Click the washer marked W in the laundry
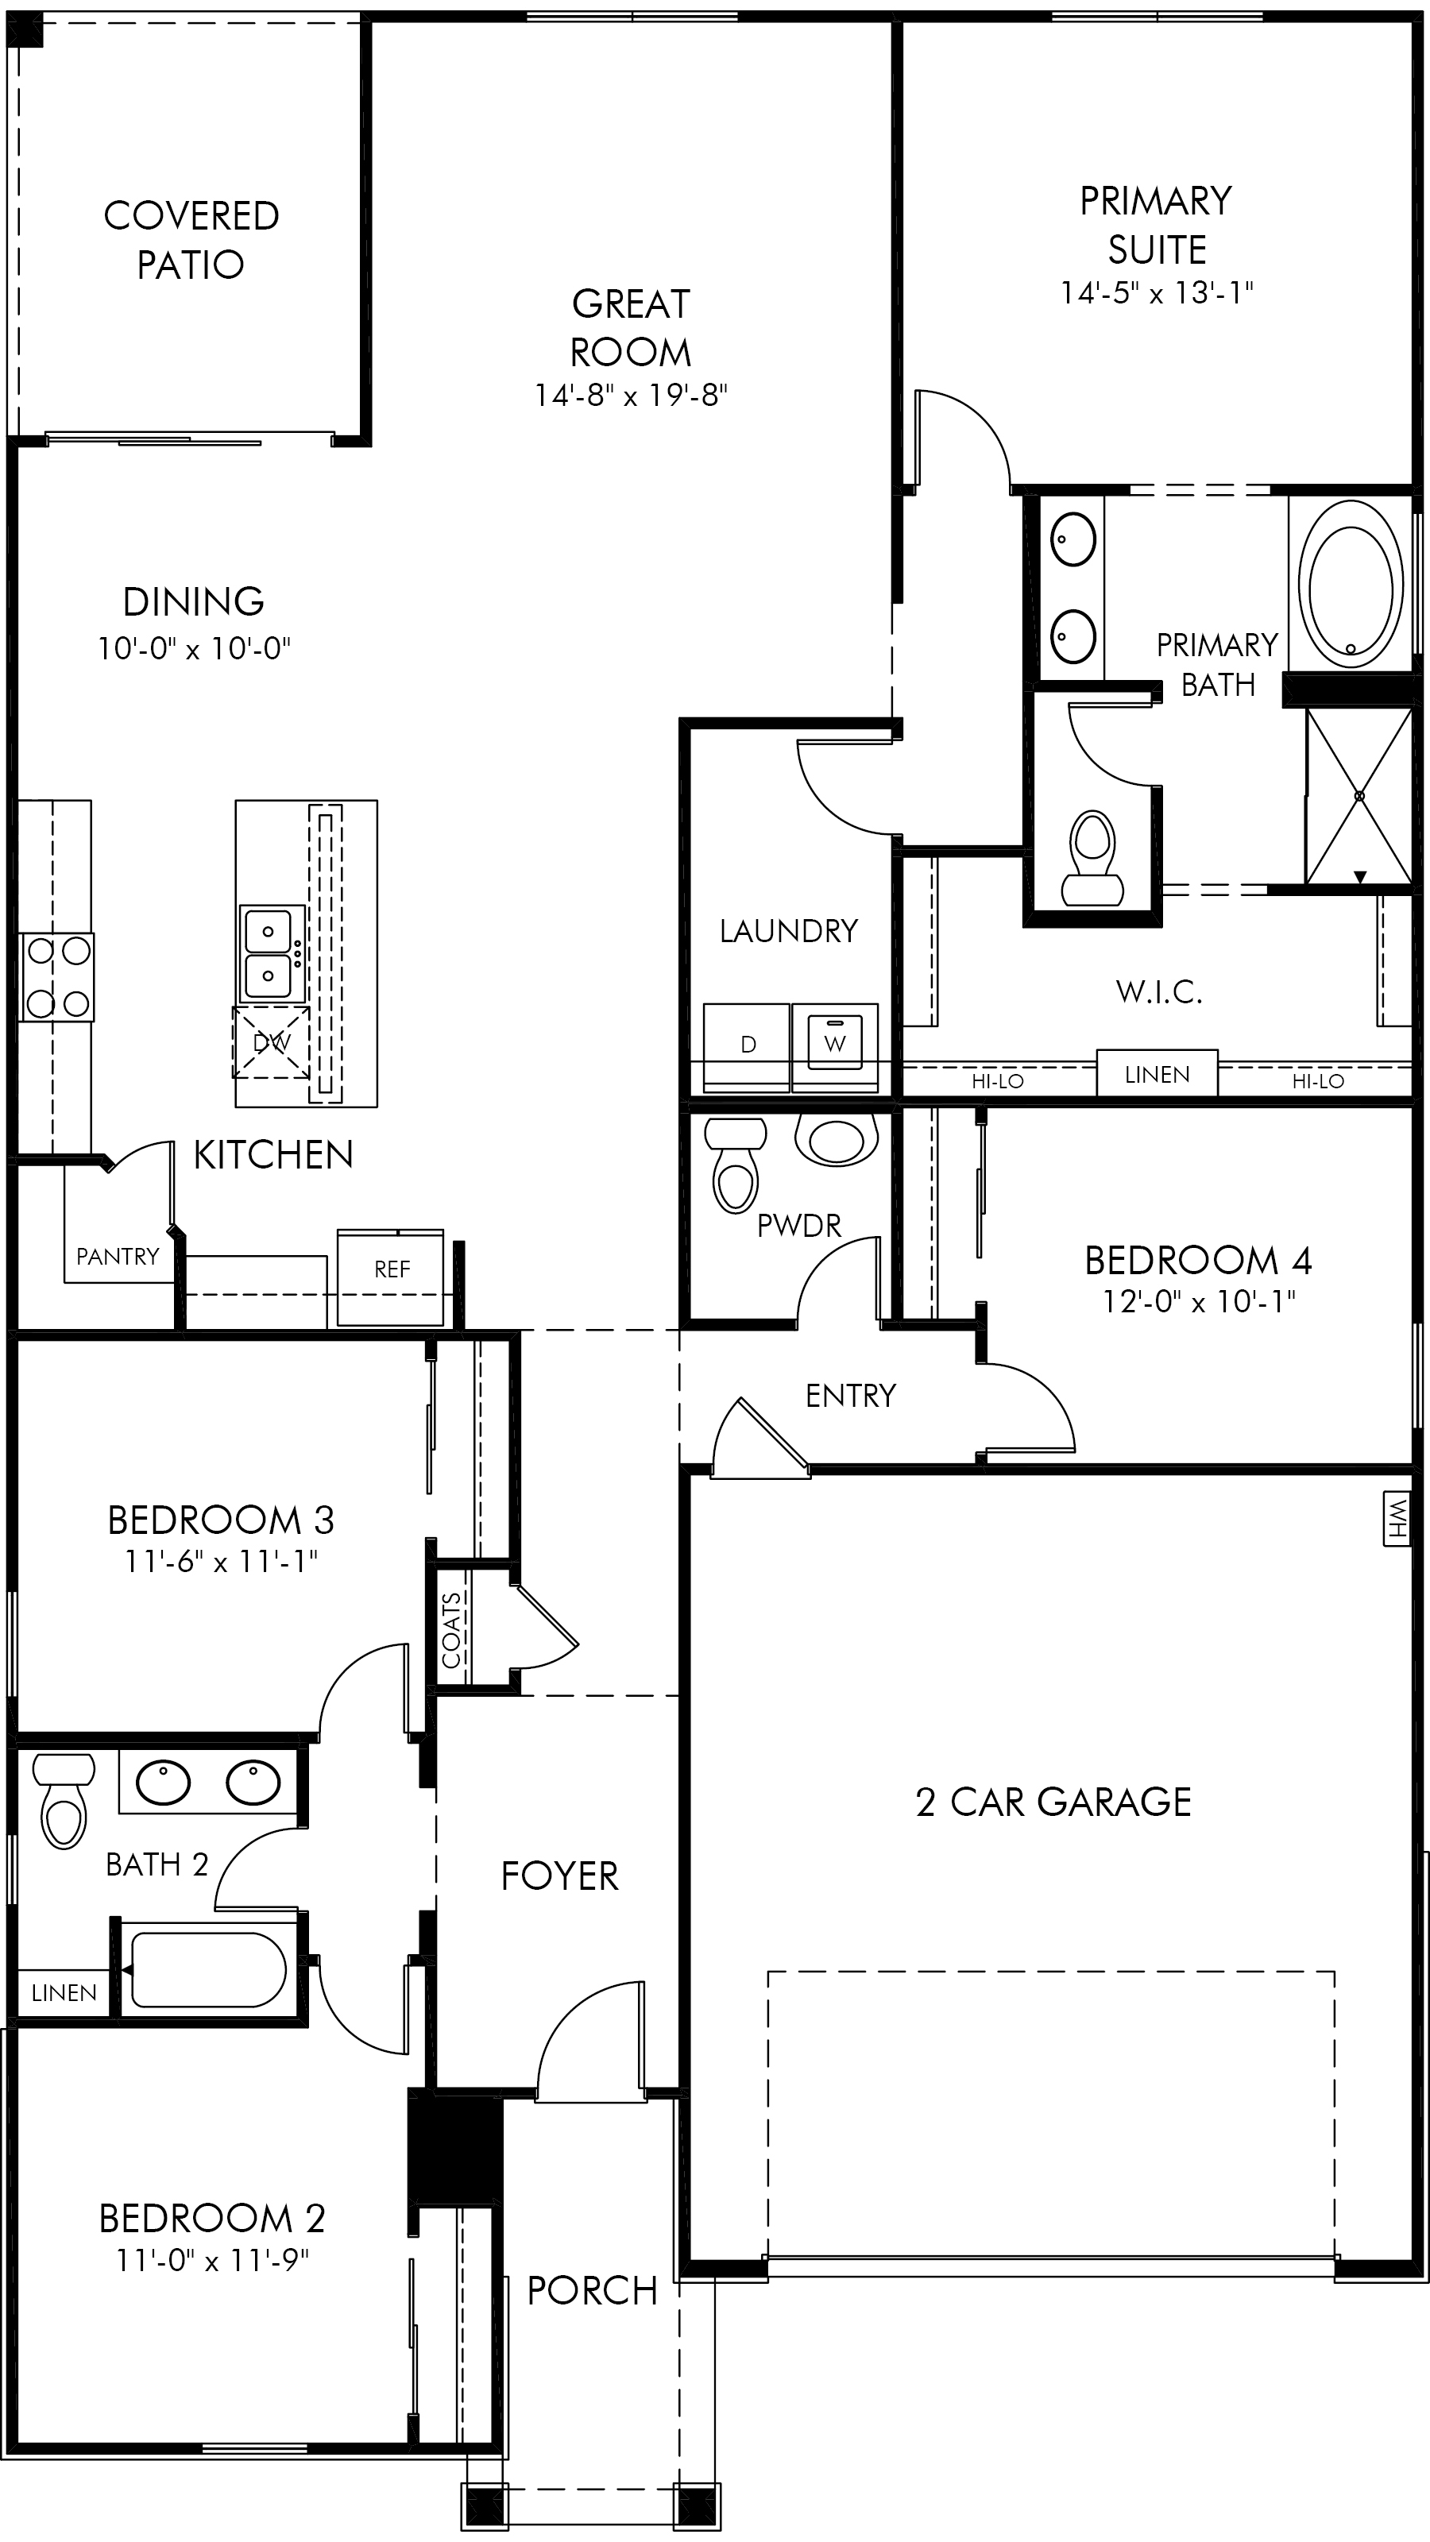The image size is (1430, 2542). click(x=834, y=1047)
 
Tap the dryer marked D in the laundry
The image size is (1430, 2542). click(x=746, y=1047)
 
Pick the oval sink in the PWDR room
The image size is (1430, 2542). click(x=836, y=1140)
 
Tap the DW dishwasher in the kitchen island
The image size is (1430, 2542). click(x=272, y=1042)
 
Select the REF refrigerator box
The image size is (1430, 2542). click(x=391, y=1277)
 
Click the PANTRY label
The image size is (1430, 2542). click(x=118, y=1256)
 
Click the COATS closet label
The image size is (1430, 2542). click(x=452, y=1629)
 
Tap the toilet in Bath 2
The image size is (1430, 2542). click(x=64, y=1802)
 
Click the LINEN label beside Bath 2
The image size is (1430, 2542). click(x=64, y=1992)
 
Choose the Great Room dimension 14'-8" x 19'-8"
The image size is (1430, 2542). click(x=631, y=396)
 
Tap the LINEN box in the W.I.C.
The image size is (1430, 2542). click(x=1157, y=1074)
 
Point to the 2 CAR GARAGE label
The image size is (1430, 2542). click(x=1053, y=1802)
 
